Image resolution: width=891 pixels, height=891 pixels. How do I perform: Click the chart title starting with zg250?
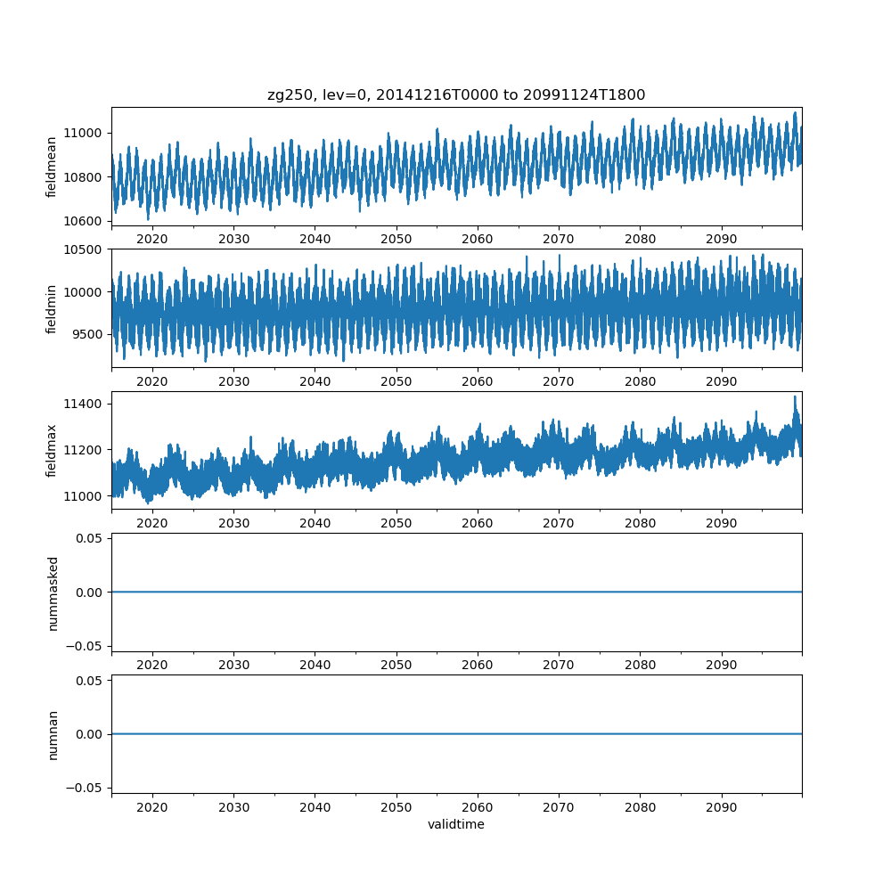[x=456, y=94]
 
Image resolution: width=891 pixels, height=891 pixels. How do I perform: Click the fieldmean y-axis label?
[x=53, y=167]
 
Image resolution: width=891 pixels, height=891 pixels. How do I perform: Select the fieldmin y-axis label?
[x=53, y=309]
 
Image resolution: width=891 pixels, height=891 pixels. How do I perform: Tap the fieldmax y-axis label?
[x=53, y=451]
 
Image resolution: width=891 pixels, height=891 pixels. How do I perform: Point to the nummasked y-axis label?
[x=53, y=593]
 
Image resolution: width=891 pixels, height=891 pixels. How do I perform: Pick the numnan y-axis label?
[x=53, y=734]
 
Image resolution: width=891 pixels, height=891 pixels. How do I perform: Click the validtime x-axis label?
[x=456, y=824]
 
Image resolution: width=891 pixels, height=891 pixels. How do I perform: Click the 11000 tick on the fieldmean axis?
[x=85, y=133]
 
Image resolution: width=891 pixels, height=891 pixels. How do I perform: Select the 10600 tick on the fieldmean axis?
[x=85, y=220]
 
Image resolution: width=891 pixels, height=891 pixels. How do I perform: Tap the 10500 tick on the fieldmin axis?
[x=85, y=249]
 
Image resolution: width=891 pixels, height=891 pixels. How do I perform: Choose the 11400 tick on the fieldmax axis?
[x=85, y=404]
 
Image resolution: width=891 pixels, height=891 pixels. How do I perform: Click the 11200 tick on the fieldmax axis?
[x=85, y=449]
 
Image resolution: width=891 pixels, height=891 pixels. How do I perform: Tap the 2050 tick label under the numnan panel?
[x=396, y=807]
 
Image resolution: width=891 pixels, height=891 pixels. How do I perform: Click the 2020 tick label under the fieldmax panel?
[x=152, y=523]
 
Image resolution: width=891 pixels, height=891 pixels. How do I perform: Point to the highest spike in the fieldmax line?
[x=795, y=396]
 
